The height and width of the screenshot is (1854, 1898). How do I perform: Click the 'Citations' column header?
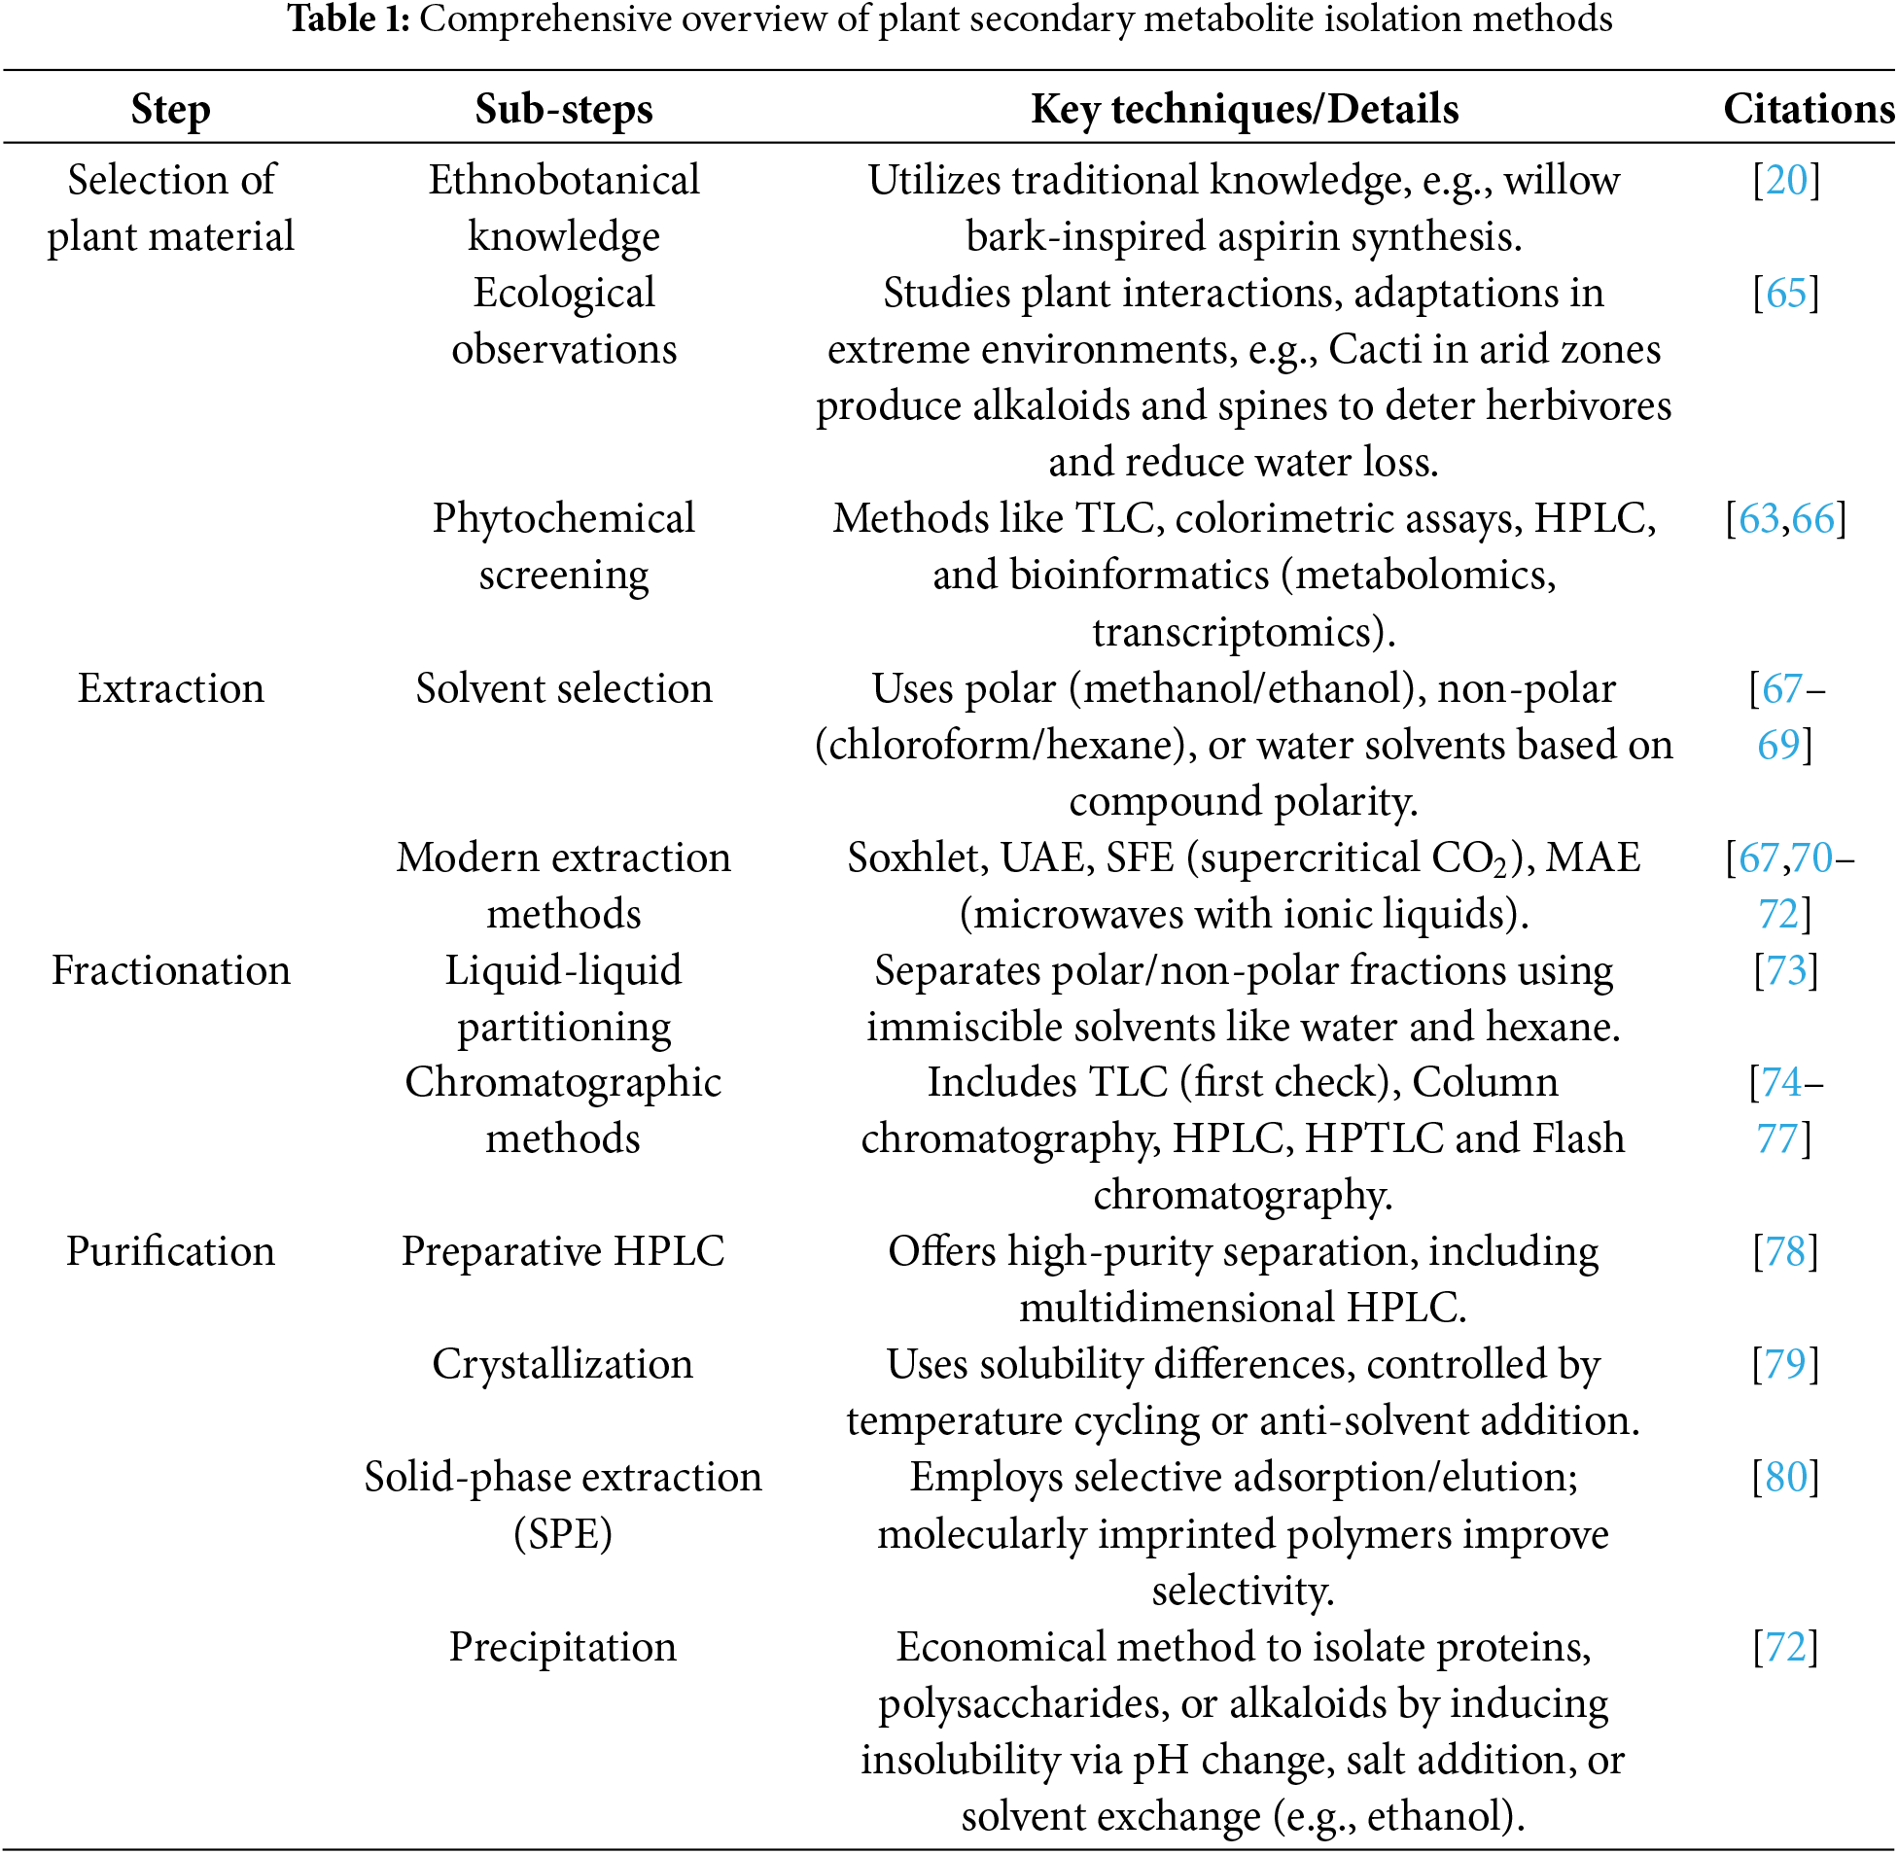[x=1808, y=109]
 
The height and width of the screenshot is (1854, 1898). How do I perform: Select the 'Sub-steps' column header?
[x=564, y=109]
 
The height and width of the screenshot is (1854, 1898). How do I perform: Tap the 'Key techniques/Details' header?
[x=1244, y=109]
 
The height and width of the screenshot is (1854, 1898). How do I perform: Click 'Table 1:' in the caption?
[x=348, y=19]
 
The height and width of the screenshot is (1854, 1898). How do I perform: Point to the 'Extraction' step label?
[x=170, y=688]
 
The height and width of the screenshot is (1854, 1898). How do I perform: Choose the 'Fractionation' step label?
[x=170, y=971]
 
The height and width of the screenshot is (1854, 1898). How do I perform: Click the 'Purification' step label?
[x=170, y=1252]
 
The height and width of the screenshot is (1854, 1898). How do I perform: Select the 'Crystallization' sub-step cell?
[x=563, y=1364]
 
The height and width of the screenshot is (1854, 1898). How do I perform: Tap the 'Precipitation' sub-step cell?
[x=563, y=1647]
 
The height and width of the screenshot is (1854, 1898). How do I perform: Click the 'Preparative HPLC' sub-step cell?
[x=563, y=1252]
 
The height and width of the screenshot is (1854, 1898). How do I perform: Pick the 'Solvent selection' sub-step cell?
[x=564, y=688]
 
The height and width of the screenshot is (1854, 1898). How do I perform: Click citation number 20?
[x=1786, y=180]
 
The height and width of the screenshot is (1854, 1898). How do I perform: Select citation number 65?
[x=1786, y=293]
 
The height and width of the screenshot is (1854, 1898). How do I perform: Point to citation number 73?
[x=1786, y=971]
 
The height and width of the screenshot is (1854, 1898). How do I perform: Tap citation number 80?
[x=1786, y=1477]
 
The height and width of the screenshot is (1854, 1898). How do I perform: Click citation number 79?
[x=1786, y=1364]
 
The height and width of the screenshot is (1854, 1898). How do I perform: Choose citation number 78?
[x=1786, y=1252]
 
